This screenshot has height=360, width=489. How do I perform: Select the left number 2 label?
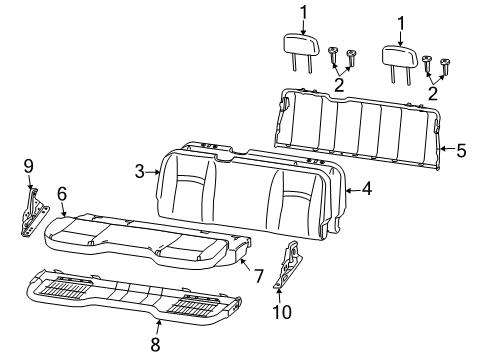point(338,86)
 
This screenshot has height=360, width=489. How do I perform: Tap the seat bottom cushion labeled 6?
point(140,240)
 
